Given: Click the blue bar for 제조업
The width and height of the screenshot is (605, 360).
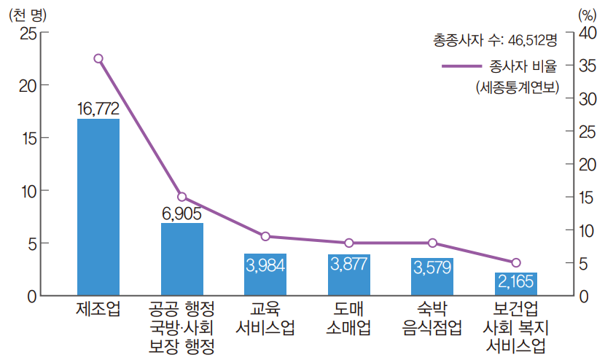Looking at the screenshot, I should tap(98, 208).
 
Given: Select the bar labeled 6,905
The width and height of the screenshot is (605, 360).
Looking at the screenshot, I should tap(182, 259).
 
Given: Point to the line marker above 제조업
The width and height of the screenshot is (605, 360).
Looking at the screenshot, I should tap(98, 58).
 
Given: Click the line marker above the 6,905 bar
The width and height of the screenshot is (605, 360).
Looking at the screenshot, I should tap(182, 197).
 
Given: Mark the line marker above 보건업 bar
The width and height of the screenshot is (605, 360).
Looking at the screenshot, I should tap(516, 262).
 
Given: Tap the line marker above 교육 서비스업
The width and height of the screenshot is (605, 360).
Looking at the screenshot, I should tap(265, 236).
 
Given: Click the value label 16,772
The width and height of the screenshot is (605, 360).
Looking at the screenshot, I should tap(98, 109).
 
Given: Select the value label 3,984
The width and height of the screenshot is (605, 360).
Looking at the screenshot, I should tap(265, 265).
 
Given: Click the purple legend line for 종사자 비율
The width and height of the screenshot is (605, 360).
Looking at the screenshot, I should tap(462, 66).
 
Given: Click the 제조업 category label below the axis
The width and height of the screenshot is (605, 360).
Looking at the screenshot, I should tap(98, 309).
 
